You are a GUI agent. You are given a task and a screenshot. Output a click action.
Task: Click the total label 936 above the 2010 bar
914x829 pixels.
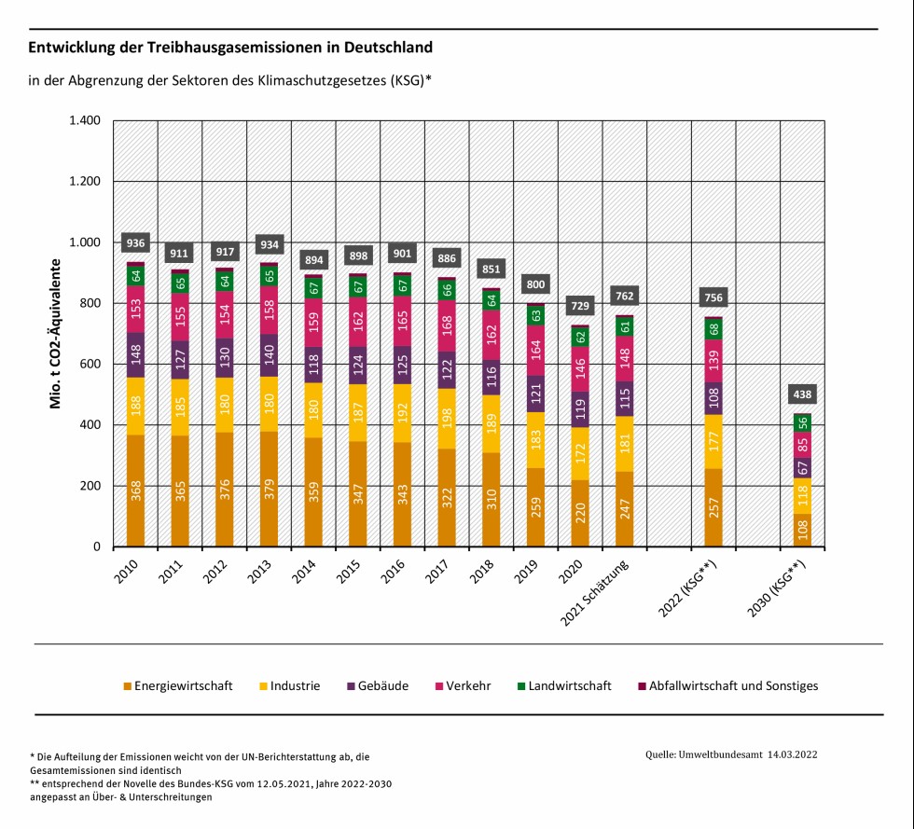pyautogui.click(x=136, y=243)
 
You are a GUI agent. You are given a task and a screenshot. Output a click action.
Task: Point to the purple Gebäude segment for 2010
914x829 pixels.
pyautogui.click(x=136, y=355)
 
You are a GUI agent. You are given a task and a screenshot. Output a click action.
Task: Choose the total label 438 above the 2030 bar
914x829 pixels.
pyautogui.click(x=803, y=394)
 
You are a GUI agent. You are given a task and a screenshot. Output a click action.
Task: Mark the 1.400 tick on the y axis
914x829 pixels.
pyautogui.click(x=84, y=121)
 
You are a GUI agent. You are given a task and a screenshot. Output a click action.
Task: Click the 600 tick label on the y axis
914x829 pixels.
pyautogui.click(x=90, y=365)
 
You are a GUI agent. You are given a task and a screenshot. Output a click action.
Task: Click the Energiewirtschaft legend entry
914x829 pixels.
pyautogui.click(x=181, y=685)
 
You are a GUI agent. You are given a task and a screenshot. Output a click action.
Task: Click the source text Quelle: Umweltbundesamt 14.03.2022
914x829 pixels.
pyautogui.click(x=731, y=753)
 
